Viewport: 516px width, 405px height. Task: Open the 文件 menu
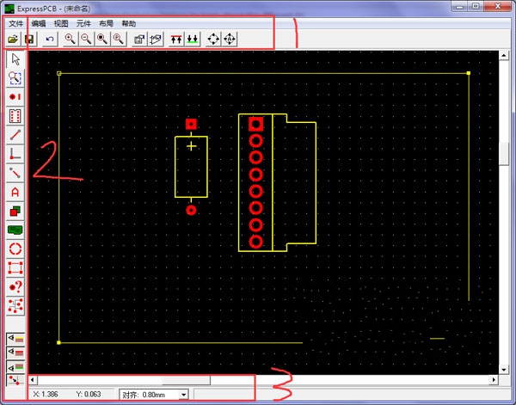(x=15, y=24)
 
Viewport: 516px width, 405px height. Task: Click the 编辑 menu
(x=39, y=24)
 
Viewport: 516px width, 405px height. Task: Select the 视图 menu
(x=61, y=24)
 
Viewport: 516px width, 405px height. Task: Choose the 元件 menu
(x=83, y=24)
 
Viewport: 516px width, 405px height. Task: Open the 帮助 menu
(x=129, y=24)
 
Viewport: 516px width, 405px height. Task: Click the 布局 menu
(x=106, y=24)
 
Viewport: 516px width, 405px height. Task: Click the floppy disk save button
(x=29, y=40)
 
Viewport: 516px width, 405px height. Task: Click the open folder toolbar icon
(x=13, y=40)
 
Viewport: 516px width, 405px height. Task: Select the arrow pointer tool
(x=15, y=59)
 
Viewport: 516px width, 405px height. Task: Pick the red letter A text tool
(x=15, y=192)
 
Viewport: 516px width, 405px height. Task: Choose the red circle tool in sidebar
(x=15, y=249)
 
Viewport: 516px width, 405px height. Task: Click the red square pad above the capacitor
(x=191, y=125)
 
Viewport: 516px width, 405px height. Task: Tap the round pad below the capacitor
(x=191, y=210)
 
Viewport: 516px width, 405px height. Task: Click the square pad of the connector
(x=255, y=124)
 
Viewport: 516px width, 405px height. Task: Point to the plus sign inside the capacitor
(x=192, y=146)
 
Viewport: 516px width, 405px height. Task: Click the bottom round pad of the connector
(x=255, y=242)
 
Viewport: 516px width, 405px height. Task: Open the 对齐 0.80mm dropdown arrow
(x=184, y=394)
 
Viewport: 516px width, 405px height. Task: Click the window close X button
(x=498, y=6)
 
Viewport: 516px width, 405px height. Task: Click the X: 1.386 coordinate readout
(x=46, y=394)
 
